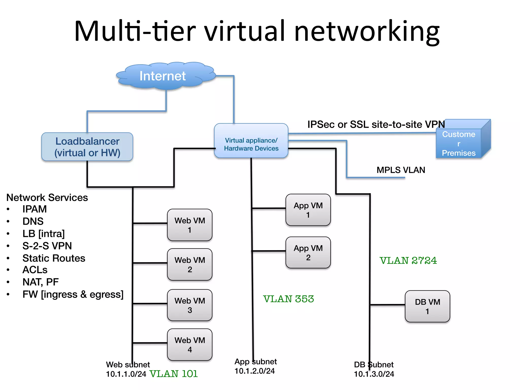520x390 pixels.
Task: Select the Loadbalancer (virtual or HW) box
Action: (87, 147)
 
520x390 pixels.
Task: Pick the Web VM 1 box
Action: (190, 225)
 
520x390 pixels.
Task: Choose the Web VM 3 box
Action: (190, 305)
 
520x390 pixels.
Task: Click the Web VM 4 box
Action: (190, 345)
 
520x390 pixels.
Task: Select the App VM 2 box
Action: (308, 252)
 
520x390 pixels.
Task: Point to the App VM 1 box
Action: (308, 210)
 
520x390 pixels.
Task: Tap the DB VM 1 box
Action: (427, 306)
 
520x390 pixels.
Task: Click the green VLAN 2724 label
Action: (408, 261)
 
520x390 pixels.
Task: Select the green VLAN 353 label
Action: (288, 299)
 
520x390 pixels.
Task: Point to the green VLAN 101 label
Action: (173, 374)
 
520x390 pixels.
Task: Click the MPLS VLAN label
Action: (401, 170)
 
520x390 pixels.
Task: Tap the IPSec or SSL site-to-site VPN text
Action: (376, 124)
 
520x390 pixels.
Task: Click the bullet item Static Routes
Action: (54, 258)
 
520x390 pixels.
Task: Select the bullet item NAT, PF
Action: (41, 282)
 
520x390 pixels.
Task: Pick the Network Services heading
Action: (47, 198)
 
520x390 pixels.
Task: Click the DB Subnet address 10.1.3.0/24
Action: (374, 374)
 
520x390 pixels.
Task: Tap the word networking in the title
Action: (367, 31)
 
